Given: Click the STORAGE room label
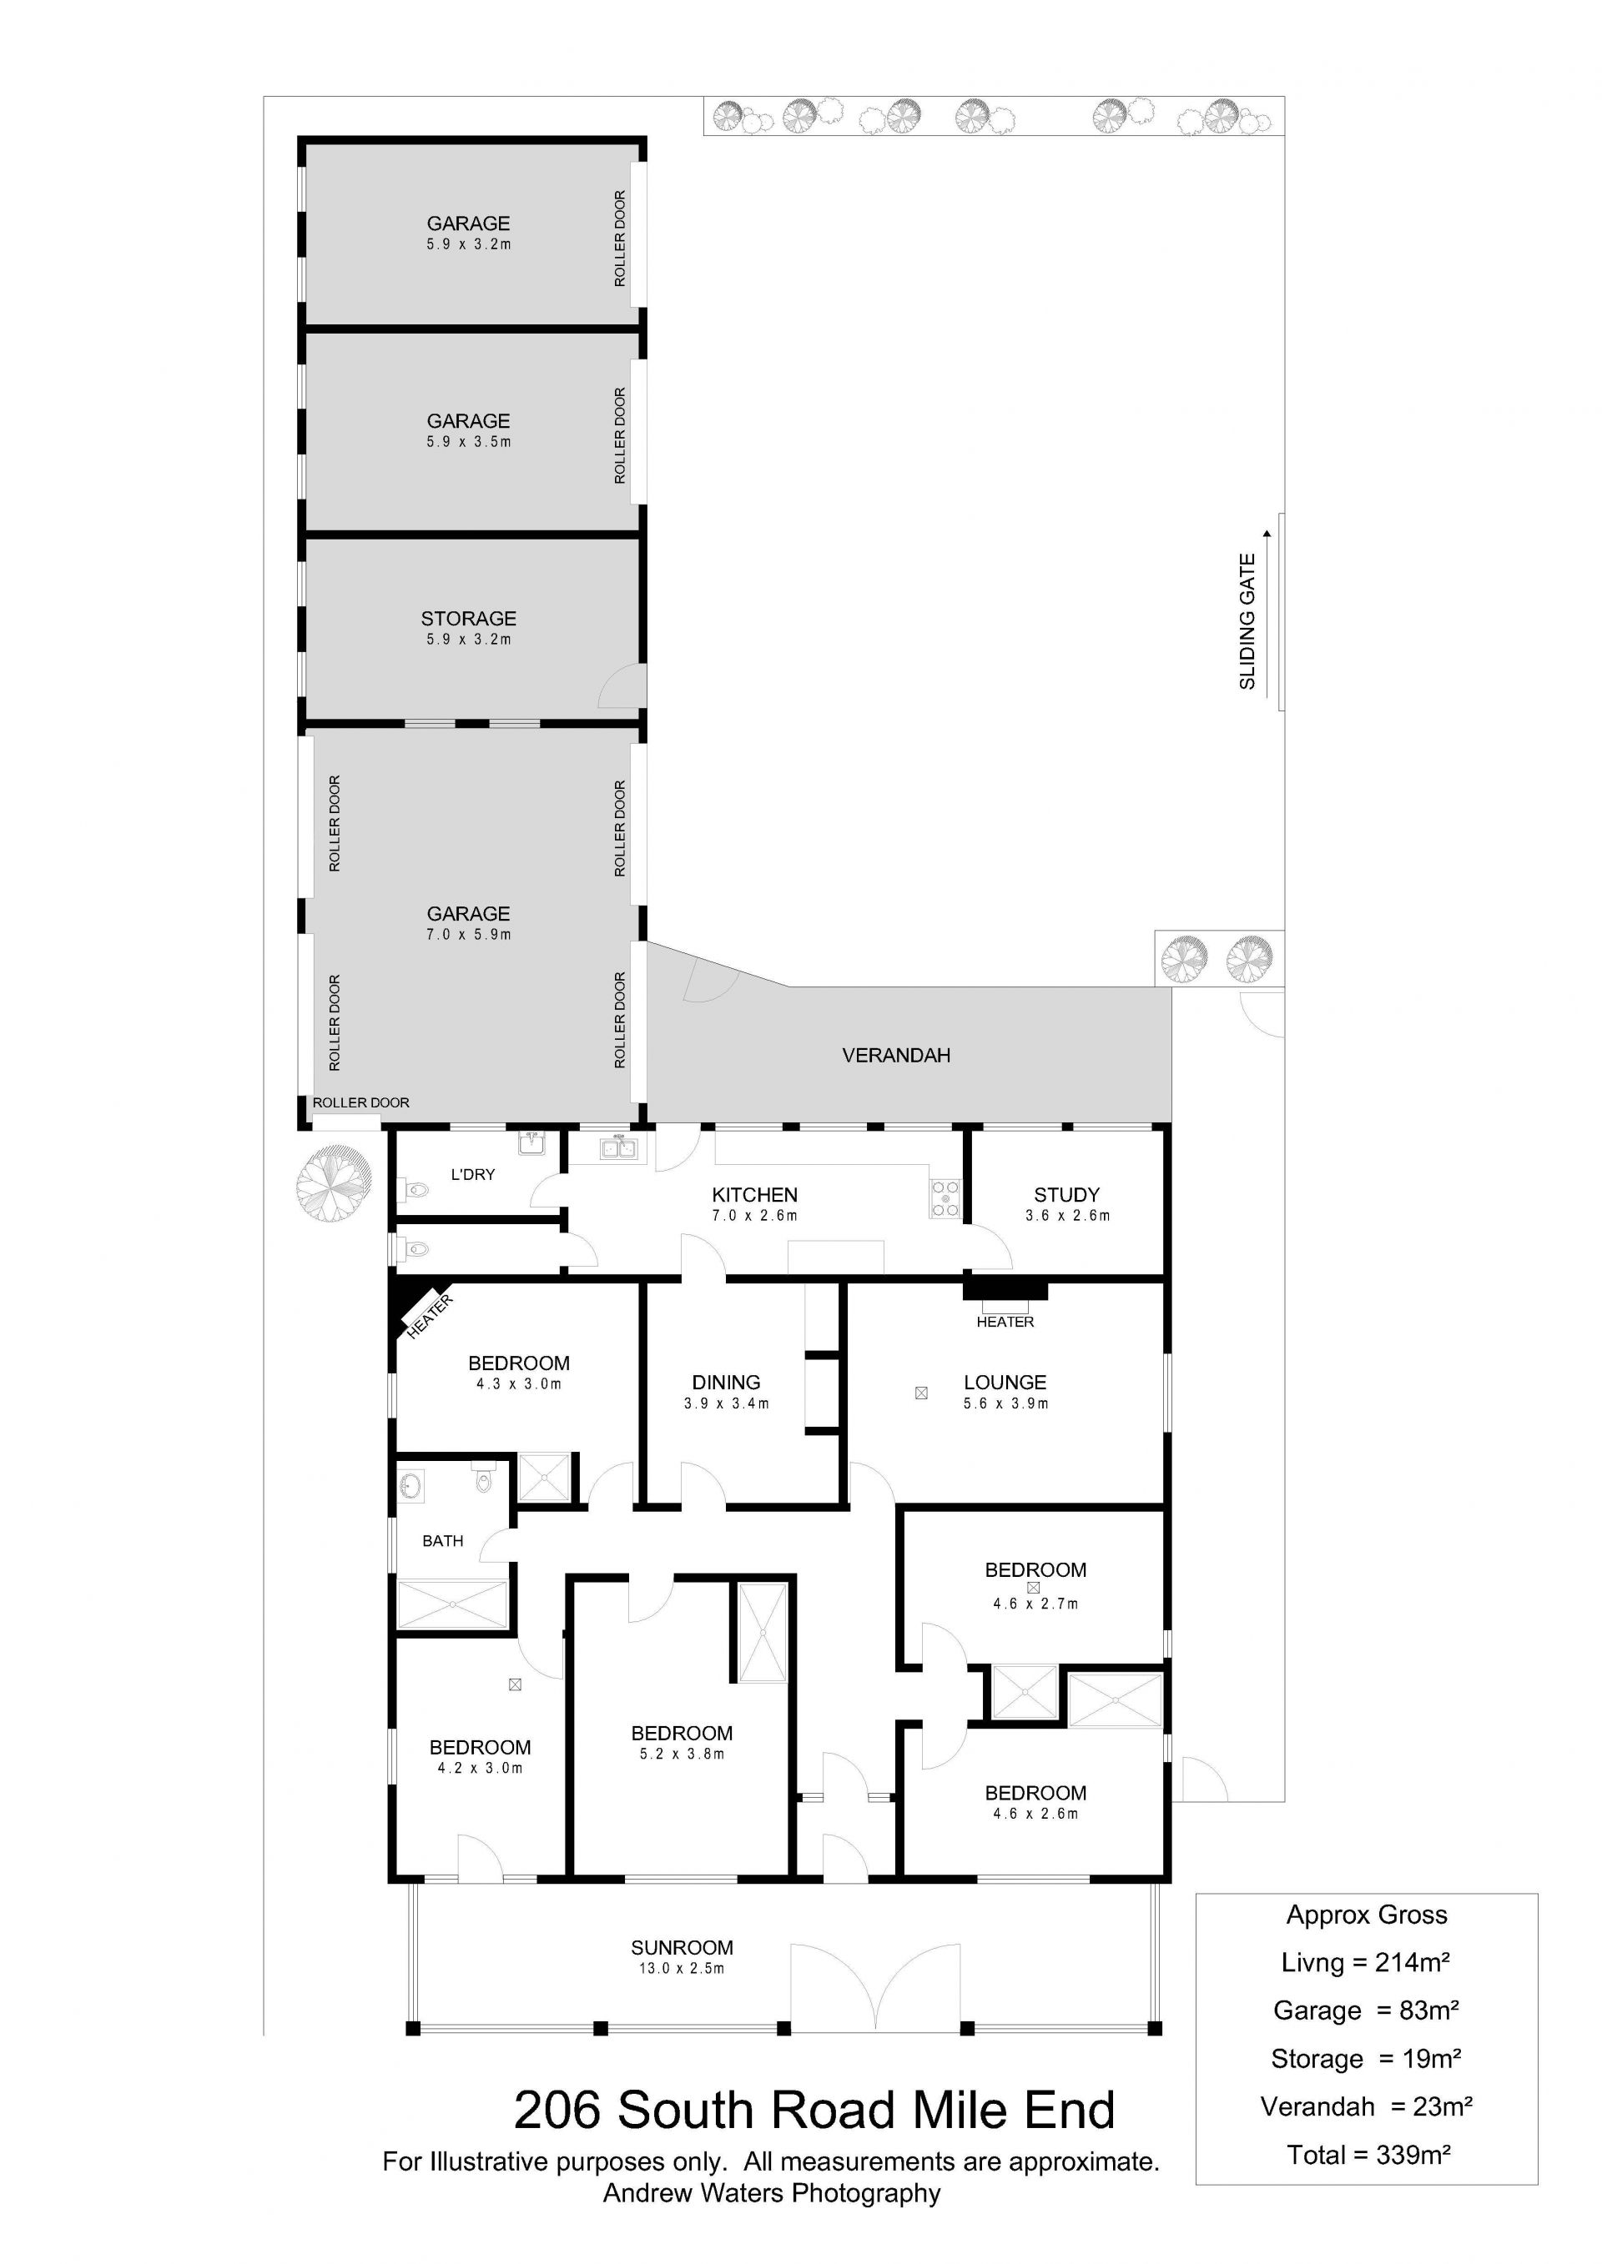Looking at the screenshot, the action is [469, 618].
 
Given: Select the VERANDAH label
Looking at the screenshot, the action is [895, 1055].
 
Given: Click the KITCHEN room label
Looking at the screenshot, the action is [754, 1194].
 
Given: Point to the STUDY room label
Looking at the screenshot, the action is [1066, 1194].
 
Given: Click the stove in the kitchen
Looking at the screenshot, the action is [945, 1197].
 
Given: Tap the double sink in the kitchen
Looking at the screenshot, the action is [618, 1147].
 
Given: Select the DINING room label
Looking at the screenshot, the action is [726, 1383].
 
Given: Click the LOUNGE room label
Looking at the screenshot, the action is [1005, 1383].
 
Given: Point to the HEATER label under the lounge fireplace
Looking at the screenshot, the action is [1005, 1323].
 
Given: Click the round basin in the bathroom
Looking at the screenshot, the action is [411, 1485].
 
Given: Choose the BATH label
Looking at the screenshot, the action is [443, 1541].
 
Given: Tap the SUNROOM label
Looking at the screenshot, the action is [682, 1947].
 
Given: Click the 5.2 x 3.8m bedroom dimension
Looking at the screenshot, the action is [682, 1754].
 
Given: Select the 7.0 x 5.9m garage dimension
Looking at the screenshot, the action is [469, 935].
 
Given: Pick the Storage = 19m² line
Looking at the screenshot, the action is [1366, 2058].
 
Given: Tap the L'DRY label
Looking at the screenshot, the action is [472, 1174].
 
